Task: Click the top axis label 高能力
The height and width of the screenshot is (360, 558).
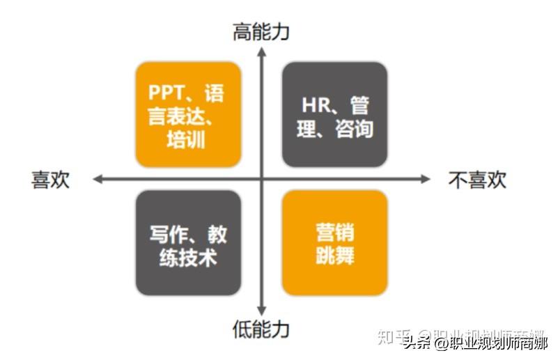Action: (x=261, y=31)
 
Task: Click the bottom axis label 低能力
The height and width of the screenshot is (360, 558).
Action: (x=261, y=328)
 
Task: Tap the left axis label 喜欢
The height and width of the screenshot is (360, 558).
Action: (x=51, y=180)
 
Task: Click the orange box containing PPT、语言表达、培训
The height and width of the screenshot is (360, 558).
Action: (x=188, y=114)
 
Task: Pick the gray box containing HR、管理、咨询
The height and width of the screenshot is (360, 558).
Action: (x=334, y=114)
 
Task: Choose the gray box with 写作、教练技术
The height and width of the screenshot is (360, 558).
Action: (x=188, y=243)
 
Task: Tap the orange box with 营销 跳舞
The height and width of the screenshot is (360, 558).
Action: (x=334, y=243)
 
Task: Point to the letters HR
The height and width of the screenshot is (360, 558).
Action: (x=313, y=106)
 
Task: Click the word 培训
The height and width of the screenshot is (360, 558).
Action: (x=186, y=139)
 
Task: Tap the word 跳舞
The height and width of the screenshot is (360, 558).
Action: (x=335, y=255)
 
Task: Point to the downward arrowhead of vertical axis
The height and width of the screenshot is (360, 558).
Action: (x=261, y=309)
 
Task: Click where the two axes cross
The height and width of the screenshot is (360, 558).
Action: (x=261, y=179)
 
